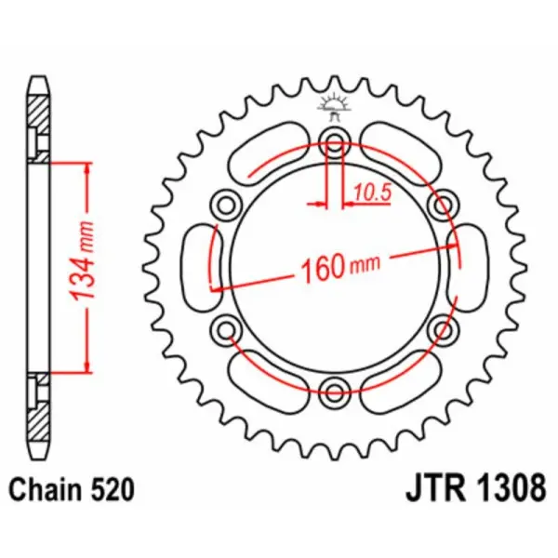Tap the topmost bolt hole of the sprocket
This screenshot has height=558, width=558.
(x=335, y=141)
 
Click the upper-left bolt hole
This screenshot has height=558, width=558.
(x=225, y=203)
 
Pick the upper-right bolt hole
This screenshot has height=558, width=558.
(x=444, y=203)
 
